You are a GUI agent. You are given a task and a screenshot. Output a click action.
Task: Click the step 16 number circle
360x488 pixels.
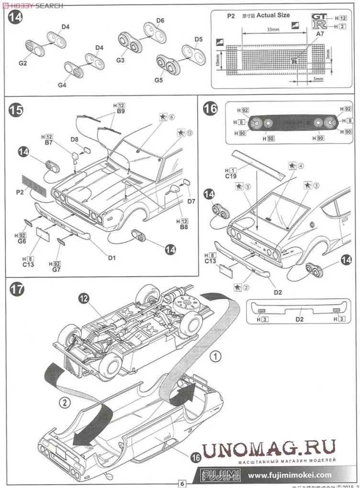pos(210,109)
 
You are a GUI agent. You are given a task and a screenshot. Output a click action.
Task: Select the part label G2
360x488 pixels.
pos(23,63)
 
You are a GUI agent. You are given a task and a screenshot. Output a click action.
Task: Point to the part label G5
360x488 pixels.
pos(158,80)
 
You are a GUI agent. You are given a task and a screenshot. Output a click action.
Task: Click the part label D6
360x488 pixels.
pos(160,21)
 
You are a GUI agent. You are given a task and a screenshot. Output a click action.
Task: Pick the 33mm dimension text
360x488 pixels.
pos(272,30)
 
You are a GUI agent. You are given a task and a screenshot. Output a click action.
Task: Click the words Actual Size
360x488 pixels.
pos(273,15)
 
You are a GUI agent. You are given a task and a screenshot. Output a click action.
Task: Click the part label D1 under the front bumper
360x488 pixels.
pos(112,258)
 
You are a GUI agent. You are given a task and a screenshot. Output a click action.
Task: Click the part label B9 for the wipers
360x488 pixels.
pos(121,111)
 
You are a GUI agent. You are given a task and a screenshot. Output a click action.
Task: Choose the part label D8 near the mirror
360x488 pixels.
pos(74,139)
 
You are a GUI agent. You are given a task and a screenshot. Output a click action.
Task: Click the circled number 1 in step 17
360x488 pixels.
pos(216,356)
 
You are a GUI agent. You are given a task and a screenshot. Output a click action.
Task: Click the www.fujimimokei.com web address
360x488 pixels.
pos(290,475)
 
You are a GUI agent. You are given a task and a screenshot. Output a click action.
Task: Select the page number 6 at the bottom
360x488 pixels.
pos(182,483)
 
